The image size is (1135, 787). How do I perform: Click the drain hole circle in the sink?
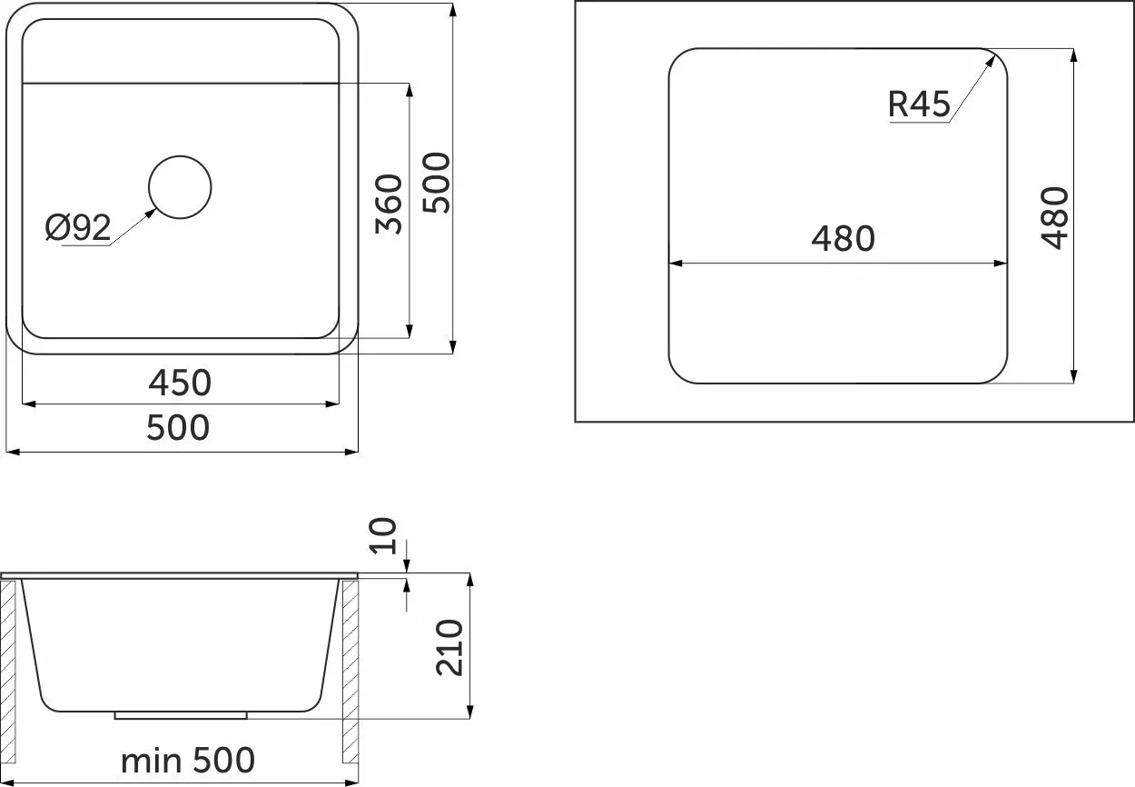click(180, 156)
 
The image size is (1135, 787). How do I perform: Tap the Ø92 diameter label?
click(78, 227)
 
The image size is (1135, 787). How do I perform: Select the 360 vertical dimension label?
click(389, 204)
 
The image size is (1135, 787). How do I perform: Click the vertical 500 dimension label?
click(436, 183)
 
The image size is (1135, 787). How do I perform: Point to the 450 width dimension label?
click(180, 383)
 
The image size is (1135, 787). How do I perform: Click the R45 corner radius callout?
click(919, 105)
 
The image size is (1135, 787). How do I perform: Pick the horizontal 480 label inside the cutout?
click(844, 239)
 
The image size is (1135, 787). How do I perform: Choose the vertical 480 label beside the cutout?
click(1054, 218)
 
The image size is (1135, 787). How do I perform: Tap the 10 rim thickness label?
click(382, 536)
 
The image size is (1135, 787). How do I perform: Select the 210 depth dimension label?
click(449, 648)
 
